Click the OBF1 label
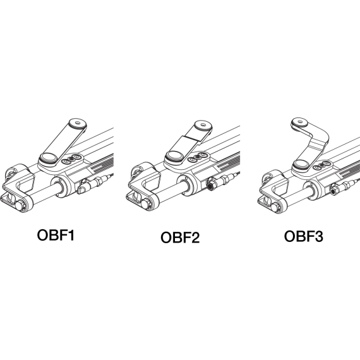pos(56,235)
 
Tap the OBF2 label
pos(180,237)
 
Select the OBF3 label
pos(304,236)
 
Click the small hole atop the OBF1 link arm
pos(78,123)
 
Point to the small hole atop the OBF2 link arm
pos(203,125)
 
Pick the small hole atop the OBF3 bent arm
pos(299,121)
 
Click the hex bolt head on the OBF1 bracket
pos(20,205)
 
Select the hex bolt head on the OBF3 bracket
pos(275,207)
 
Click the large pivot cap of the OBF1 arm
pos(49,158)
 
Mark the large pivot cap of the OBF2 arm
pos(175,157)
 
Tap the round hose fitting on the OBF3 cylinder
pos(333,190)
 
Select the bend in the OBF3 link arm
pos(319,141)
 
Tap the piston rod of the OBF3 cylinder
pos(296,196)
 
